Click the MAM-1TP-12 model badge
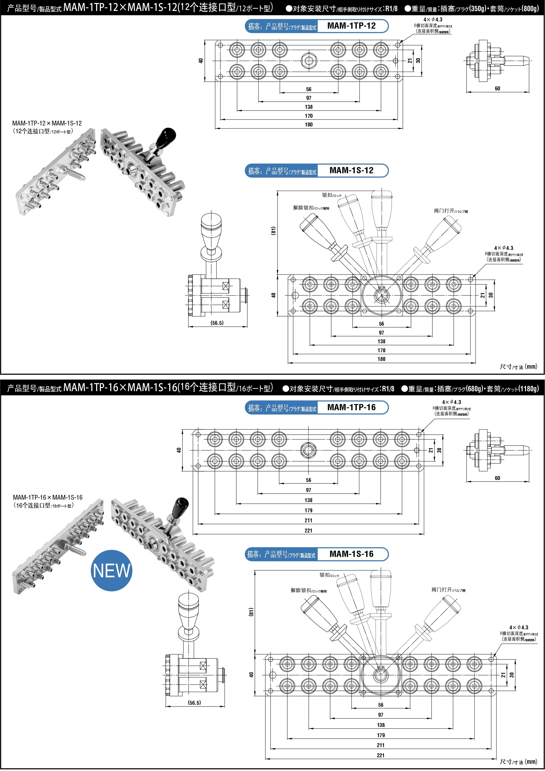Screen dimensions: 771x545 (351, 26)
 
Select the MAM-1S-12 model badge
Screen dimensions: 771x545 (351, 170)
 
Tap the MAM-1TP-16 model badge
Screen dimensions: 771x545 (351, 407)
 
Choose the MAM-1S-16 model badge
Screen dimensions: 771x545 (351, 554)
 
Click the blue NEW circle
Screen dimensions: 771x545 (112, 570)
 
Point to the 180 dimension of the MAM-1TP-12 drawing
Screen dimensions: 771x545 (308, 124)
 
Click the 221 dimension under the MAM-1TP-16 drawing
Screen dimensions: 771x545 (308, 531)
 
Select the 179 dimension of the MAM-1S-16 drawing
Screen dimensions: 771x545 (380, 735)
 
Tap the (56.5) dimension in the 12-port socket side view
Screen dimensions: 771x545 (217, 323)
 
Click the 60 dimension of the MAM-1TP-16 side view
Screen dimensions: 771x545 (497, 478)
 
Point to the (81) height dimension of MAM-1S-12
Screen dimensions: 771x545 (274, 231)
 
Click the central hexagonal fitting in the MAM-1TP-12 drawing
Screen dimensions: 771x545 (308, 61)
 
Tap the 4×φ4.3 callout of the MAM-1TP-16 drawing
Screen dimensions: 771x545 (451, 402)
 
